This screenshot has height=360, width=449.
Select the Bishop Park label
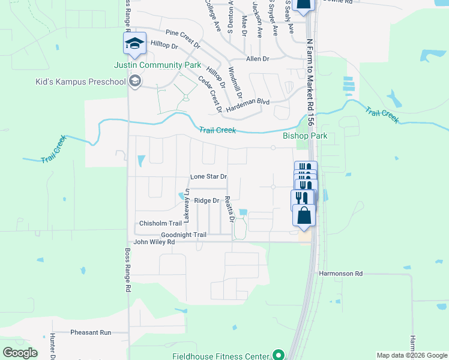click(x=305, y=136)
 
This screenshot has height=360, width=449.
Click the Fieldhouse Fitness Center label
click(x=221, y=355)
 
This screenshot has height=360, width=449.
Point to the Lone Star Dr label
click(x=208, y=177)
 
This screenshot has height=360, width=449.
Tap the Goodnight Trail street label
click(x=184, y=235)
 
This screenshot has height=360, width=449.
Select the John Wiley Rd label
click(x=154, y=242)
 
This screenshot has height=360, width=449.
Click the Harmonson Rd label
click(x=342, y=274)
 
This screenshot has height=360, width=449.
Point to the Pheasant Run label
click(x=91, y=332)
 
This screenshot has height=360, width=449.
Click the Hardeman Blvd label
click(x=255, y=101)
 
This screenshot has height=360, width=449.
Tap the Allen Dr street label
click(x=258, y=59)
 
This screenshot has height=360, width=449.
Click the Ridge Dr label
click(x=206, y=201)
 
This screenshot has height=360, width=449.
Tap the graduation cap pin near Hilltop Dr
click(x=134, y=43)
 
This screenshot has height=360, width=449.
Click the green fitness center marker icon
click(x=278, y=355)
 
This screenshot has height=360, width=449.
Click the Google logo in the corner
click(x=20, y=353)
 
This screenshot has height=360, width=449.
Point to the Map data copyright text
click(x=411, y=356)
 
